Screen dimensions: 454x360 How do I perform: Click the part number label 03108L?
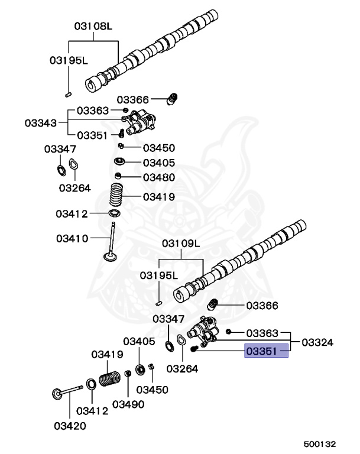click(93, 27)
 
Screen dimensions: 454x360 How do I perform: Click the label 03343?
click(41, 123)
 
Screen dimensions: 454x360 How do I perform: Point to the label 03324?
click(317, 342)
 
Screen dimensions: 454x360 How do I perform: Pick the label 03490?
click(128, 404)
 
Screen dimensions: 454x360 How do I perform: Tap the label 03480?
click(158, 177)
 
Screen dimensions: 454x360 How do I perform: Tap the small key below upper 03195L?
click(68, 93)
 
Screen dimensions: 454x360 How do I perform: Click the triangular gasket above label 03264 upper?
click(74, 166)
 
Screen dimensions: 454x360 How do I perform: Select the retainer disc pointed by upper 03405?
click(120, 161)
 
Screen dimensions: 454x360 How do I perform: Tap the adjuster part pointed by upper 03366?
click(173, 99)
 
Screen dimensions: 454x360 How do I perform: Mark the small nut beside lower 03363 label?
click(228, 332)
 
